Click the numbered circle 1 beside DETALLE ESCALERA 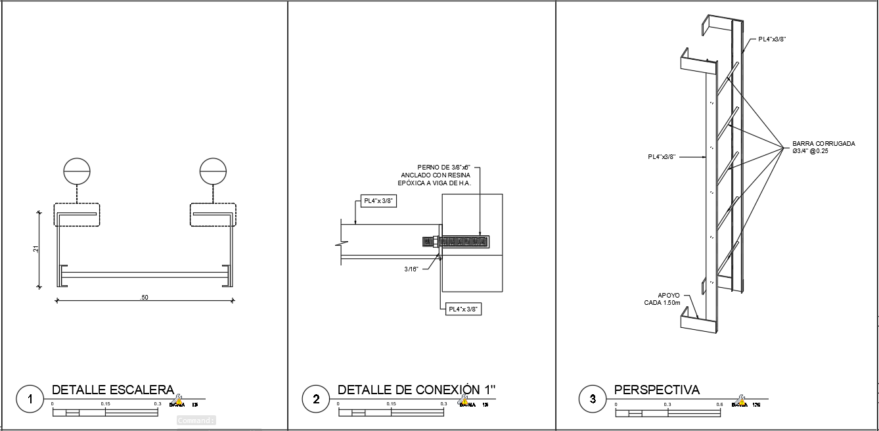pyautogui.click(x=30, y=399)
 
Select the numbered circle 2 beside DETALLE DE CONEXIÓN pyautogui.click(x=316, y=399)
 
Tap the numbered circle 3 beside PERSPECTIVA pyautogui.click(x=593, y=399)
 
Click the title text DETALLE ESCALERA pyautogui.click(x=112, y=390)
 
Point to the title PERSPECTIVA pyautogui.click(x=657, y=390)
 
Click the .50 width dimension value pyautogui.click(x=145, y=298)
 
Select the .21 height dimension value pyautogui.click(x=36, y=249)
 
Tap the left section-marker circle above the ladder pyautogui.click(x=77, y=171)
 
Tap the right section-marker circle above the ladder pyautogui.click(x=213, y=171)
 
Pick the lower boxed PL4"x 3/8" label pyautogui.click(x=463, y=309)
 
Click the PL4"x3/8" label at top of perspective pyautogui.click(x=772, y=39)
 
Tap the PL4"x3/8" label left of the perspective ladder pyautogui.click(x=662, y=157)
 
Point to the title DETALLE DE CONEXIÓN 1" pyautogui.click(x=417, y=390)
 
